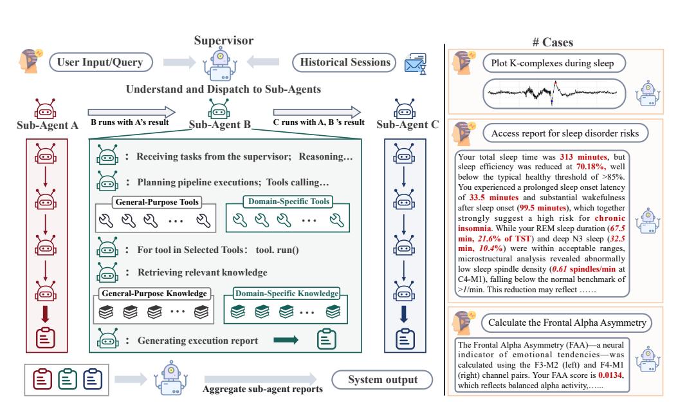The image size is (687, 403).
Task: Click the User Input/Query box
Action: click(x=100, y=62)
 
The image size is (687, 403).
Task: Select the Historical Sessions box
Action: click(x=344, y=62)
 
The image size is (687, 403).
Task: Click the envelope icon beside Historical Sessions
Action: click(x=416, y=64)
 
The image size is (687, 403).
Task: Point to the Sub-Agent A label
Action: click(x=48, y=126)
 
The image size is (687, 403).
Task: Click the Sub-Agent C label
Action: click(x=407, y=125)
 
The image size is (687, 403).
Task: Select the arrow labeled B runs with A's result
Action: click(x=131, y=112)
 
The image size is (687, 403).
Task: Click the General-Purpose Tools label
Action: click(x=157, y=202)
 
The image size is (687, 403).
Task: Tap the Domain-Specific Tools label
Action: click(x=288, y=201)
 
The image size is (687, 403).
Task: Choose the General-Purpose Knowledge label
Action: click(x=154, y=294)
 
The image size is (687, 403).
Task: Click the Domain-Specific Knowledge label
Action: click(x=287, y=294)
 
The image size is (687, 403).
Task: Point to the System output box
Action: click(x=383, y=380)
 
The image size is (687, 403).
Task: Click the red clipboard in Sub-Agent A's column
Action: click(x=46, y=338)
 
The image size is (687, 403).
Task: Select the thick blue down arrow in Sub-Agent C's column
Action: click(x=404, y=314)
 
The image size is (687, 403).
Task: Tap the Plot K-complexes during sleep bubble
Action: click(x=554, y=63)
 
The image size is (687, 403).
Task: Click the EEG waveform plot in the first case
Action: click(x=554, y=93)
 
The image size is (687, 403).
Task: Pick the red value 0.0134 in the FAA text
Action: click(x=610, y=375)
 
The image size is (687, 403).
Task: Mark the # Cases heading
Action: click(x=553, y=42)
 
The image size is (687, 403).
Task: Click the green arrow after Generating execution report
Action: click(x=286, y=340)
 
